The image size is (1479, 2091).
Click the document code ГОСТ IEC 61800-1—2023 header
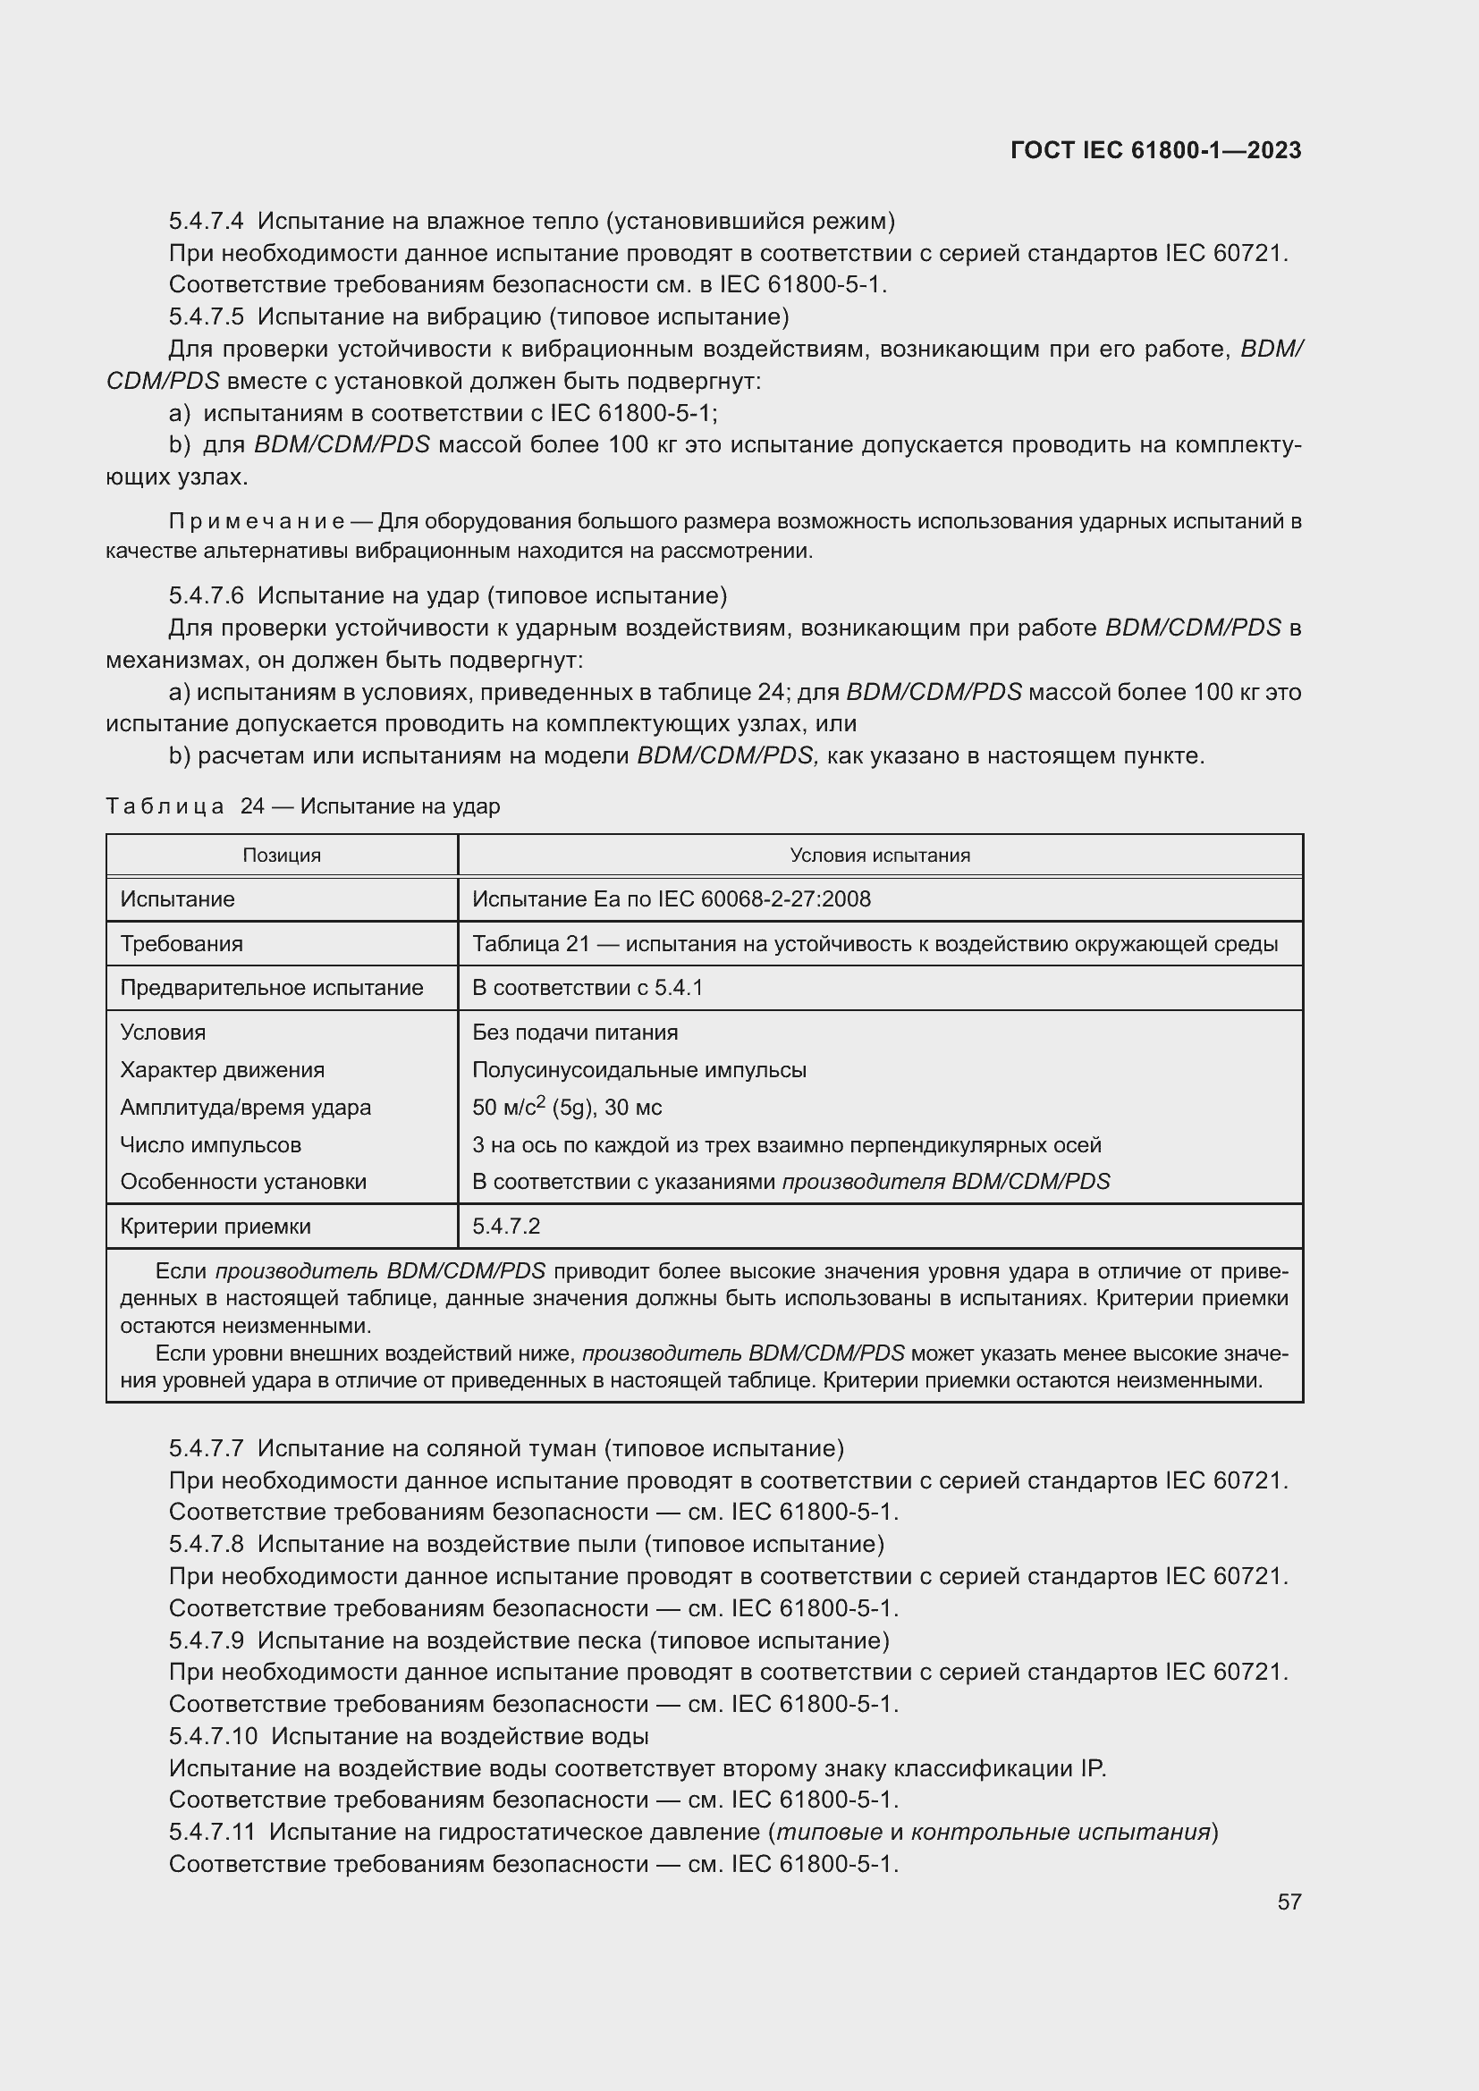(x=1154, y=150)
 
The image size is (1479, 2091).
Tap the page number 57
(x=1289, y=1901)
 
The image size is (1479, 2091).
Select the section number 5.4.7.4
(x=206, y=222)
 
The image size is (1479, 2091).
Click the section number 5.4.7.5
(x=206, y=317)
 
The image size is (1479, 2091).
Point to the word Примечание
(x=256, y=522)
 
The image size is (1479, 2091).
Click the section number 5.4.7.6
(x=206, y=595)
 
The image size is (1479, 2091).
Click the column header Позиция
(x=282, y=856)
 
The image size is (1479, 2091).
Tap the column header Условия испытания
(x=880, y=856)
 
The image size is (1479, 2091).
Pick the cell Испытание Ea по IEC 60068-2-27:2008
(x=672, y=900)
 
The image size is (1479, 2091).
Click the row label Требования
(x=182, y=943)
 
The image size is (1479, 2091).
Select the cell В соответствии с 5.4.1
(x=587, y=988)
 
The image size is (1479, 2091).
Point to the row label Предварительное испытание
(x=272, y=988)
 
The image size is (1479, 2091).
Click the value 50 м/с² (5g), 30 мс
(x=566, y=1108)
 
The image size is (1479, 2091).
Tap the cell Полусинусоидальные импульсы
(x=638, y=1070)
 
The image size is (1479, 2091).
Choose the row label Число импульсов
(x=210, y=1145)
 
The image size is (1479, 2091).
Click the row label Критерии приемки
(x=215, y=1227)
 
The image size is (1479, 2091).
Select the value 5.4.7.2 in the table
(x=505, y=1227)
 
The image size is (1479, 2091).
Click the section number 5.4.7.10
(x=213, y=1736)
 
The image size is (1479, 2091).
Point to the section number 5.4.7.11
(x=212, y=1832)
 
